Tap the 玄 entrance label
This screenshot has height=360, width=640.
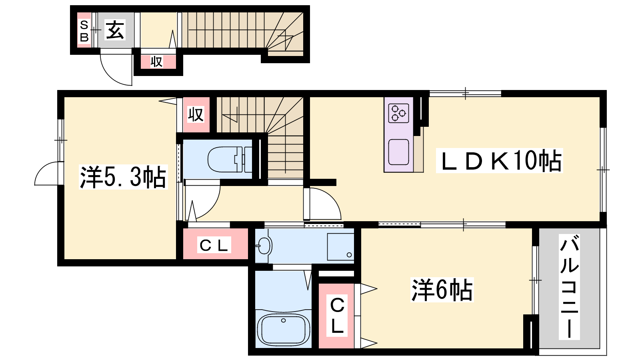(x=115, y=30)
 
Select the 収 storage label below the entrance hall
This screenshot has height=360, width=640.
(x=156, y=62)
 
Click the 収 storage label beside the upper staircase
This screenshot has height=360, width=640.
(x=196, y=114)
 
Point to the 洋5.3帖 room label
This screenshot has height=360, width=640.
(x=123, y=177)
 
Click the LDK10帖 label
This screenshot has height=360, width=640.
(x=500, y=161)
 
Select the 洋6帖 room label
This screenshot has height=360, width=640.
(x=442, y=290)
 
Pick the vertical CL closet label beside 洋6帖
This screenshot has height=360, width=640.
(x=337, y=316)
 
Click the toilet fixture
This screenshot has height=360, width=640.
(x=230, y=160)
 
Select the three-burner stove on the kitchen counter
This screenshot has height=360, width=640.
(x=398, y=113)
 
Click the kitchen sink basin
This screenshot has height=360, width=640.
(x=398, y=152)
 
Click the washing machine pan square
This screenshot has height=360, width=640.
(x=340, y=247)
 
